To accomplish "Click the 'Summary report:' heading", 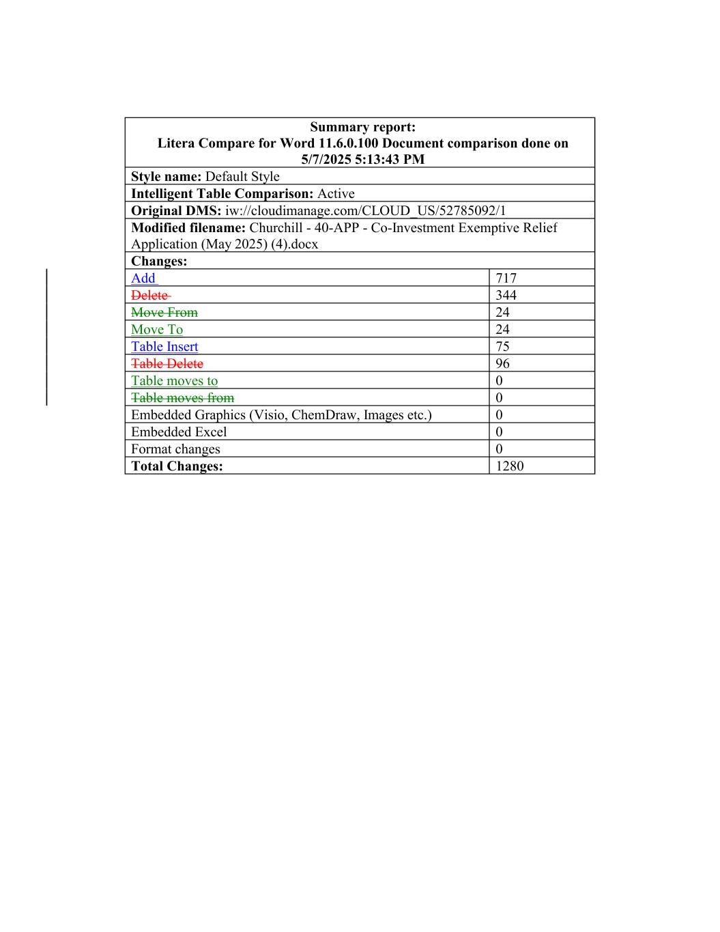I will pyautogui.click(x=362, y=127).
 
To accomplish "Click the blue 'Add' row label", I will pyautogui.click(x=143, y=278).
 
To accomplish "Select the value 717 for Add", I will pyautogui.click(x=506, y=278).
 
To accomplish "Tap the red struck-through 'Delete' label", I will pyautogui.click(x=149, y=295).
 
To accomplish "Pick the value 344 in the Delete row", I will pyautogui.click(x=506, y=295).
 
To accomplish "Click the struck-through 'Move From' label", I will pyautogui.click(x=164, y=312).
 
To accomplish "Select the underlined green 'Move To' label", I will pyautogui.click(x=157, y=329).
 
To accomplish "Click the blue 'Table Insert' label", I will pyautogui.click(x=164, y=346).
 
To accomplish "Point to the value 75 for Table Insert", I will pyautogui.click(x=502, y=346).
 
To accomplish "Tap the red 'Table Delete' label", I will pyautogui.click(x=167, y=363).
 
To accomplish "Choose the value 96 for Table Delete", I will pyautogui.click(x=502, y=363).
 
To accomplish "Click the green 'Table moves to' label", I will pyautogui.click(x=174, y=380).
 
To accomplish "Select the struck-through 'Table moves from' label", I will pyautogui.click(x=182, y=397).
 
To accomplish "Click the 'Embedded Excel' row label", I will pyautogui.click(x=179, y=432).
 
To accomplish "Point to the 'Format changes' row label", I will pyautogui.click(x=175, y=449).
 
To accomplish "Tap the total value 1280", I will pyautogui.click(x=509, y=466).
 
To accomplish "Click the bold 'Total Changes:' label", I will pyautogui.click(x=177, y=466).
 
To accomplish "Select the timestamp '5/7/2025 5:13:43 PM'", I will pyautogui.click(x=362, y=159).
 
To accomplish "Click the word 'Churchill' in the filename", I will pyautogui.click(x=277, y=227).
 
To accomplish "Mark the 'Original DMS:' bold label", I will pyautogui.click(x=176, y=210).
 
